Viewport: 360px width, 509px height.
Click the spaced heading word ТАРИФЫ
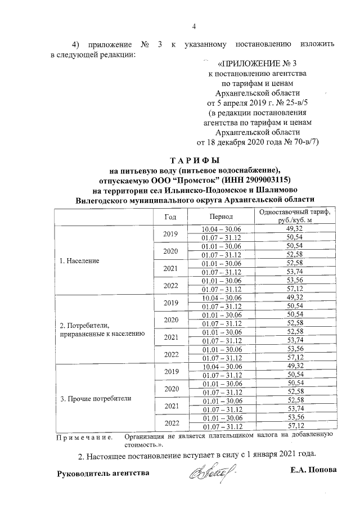(x=194, y=161)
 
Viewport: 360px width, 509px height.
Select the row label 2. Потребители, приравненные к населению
(x=102, y=330)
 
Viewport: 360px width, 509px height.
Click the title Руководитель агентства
(x=104, y=473)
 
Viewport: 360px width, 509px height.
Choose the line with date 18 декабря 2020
(x=258, y=142)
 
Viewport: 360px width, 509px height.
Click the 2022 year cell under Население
(x=170, y=284)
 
